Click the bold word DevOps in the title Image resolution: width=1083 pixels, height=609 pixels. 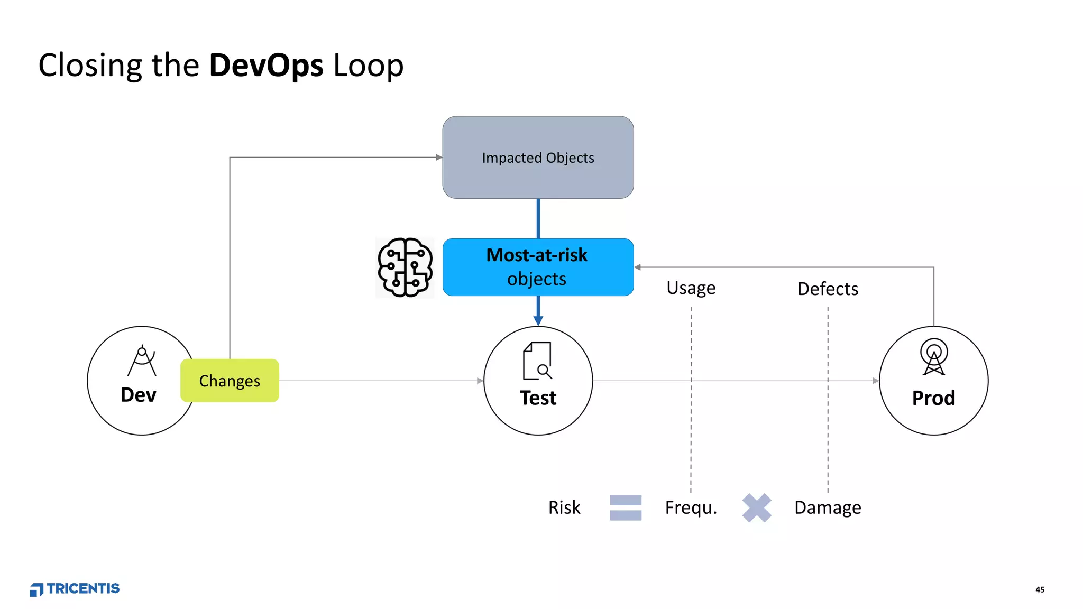click(266, 66)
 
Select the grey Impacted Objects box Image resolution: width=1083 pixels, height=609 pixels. click(538, 158)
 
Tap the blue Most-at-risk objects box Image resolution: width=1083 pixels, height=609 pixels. click(538, 267)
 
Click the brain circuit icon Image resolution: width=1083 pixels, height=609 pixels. click(405, 267)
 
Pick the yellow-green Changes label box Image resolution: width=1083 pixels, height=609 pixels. click(230, 381)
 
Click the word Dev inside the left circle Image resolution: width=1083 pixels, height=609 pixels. click(139, 395)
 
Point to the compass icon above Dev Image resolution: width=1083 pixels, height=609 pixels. click(142, 361)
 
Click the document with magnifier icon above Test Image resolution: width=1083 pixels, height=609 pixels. click(537, 361)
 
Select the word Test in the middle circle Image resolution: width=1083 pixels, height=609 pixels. click(538, 398)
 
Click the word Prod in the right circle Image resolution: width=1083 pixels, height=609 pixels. click(933, 398)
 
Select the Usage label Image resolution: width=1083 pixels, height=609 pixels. click(691, 288)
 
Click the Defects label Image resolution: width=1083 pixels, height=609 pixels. click(828, 289)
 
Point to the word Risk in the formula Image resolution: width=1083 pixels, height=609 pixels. click(564, 508)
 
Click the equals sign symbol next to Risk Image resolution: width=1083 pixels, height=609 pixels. click(626, 508)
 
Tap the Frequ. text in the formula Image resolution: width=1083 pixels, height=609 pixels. click(691, 508)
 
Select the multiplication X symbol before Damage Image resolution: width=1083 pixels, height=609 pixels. click(757, 508)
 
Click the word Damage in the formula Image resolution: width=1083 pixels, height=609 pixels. click(828, 508)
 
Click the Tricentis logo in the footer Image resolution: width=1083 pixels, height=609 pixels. click(75, 589)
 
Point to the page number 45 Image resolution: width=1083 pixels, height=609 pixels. click(1040, 589)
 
